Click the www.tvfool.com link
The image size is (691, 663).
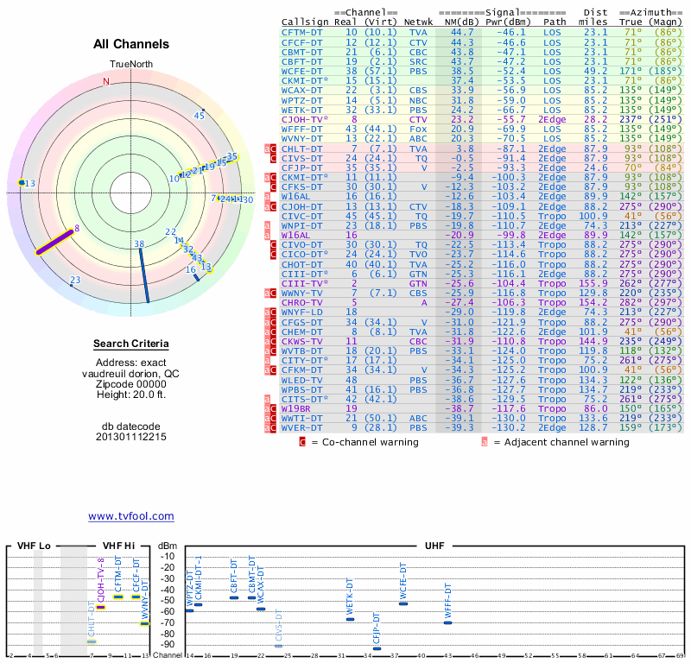(130, 516)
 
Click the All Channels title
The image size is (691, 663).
(131, 44)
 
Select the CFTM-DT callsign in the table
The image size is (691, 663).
(302, 31)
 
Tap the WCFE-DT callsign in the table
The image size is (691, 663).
(302, 70)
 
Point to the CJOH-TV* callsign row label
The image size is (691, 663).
(305, 118)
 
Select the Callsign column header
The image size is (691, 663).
(305, 22)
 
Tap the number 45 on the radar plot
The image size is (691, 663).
(200, 115)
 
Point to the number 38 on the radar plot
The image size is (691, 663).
(139, 244)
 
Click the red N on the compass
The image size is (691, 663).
(107, 81)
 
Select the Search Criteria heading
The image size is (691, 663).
(131, 344)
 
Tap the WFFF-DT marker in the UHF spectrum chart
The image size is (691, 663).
(447, 622)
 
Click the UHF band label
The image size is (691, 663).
(434, 546)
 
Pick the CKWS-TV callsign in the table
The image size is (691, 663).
(302, 341)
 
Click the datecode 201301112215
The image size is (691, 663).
(131, 437)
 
